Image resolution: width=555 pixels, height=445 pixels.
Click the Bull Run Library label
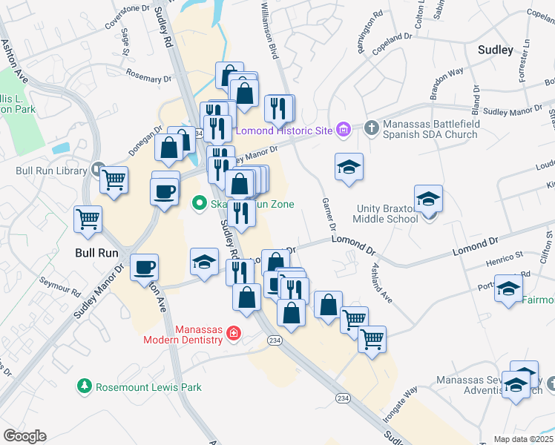pos(51,171)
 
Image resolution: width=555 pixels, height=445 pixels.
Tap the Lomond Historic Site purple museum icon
pos(343,131)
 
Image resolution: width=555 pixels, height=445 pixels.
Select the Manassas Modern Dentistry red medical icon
pos(234,334)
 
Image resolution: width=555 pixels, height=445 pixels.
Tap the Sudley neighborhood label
pos(496,50)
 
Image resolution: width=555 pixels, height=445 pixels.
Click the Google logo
pos(24,436)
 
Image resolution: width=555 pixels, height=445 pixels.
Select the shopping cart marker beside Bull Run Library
pos(114,179)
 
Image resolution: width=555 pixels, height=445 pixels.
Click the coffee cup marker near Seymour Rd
pos(144,266)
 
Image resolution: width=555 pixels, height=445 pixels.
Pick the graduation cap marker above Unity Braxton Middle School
pos(428,198)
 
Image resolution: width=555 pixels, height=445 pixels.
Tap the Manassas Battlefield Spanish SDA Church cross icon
pos(372,128)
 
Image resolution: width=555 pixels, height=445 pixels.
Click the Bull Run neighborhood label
pos(97,252)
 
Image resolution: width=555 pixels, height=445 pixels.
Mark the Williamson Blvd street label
pos(269,30)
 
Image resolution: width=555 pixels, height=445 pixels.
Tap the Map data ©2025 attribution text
pos(524,439)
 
